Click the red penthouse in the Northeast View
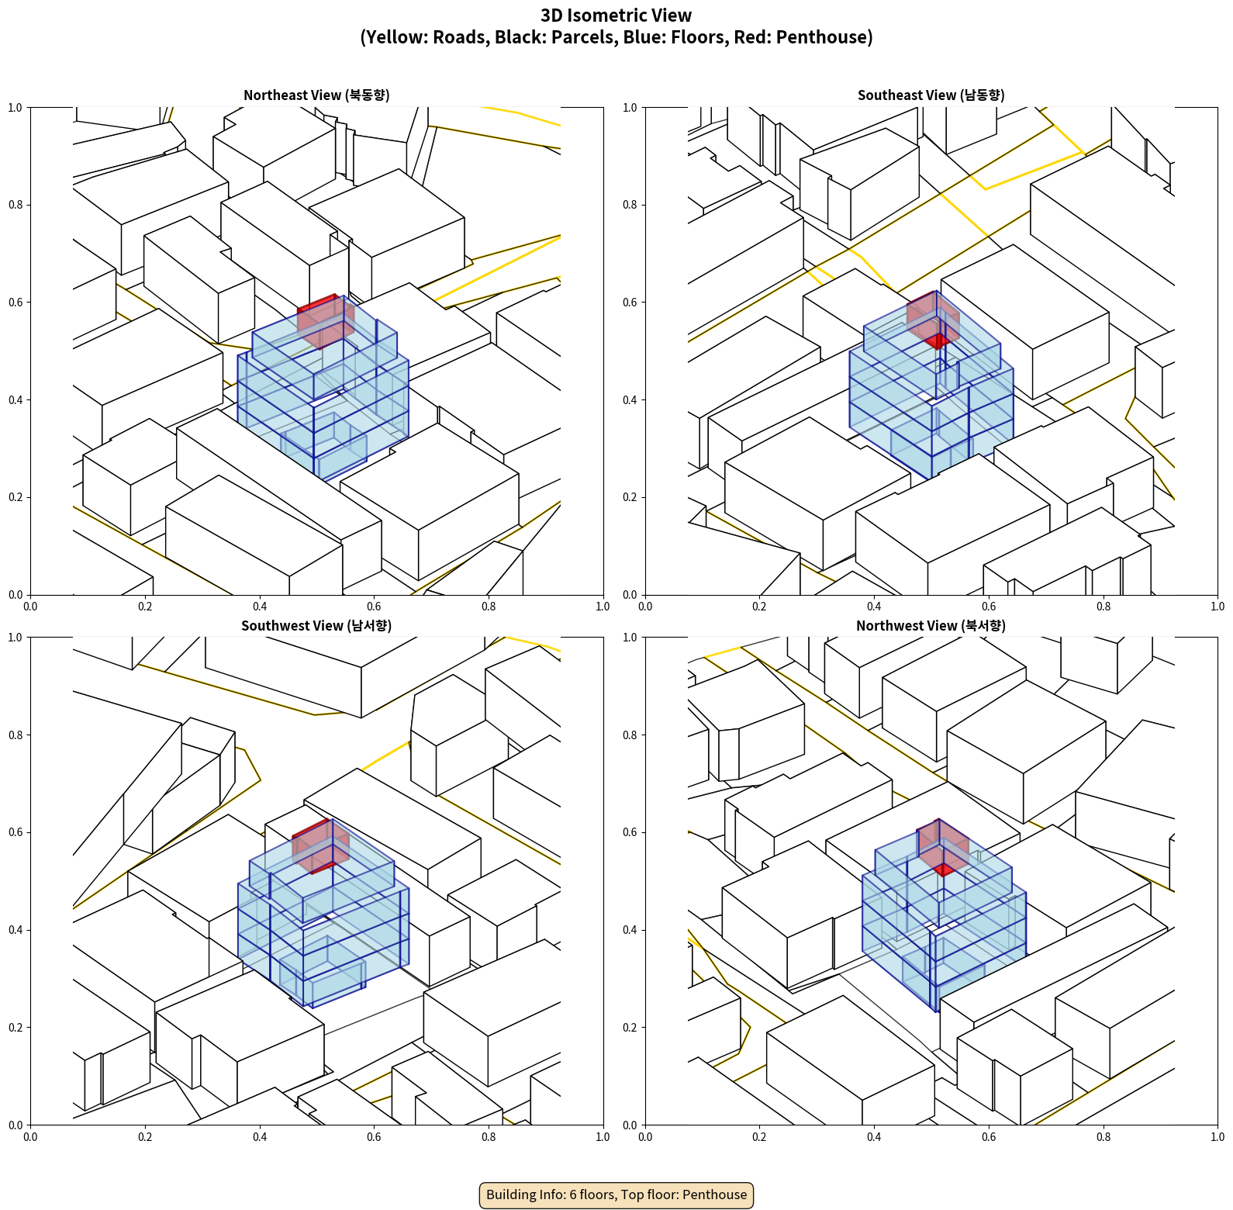coord(326,320)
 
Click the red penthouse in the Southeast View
coord(934,318)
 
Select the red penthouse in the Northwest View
coord(942,845)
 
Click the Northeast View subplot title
coord(316,95)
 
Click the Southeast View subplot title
coord(931,95)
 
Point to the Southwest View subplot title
coord(316,626)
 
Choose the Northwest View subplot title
coord(931,626)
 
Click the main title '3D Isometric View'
coord(616,16)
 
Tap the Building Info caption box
coord(616,1194)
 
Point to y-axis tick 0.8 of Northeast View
coord(16,205)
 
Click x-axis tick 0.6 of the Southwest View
coord(374,1137)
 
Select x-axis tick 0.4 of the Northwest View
coord(874,1137)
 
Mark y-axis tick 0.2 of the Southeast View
coord(630,497)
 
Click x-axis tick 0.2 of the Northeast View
coord(145,607)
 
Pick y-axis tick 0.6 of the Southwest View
coord(16,832)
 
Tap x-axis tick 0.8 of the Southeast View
coord(1103,607)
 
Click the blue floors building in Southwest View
coord(341,931)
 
